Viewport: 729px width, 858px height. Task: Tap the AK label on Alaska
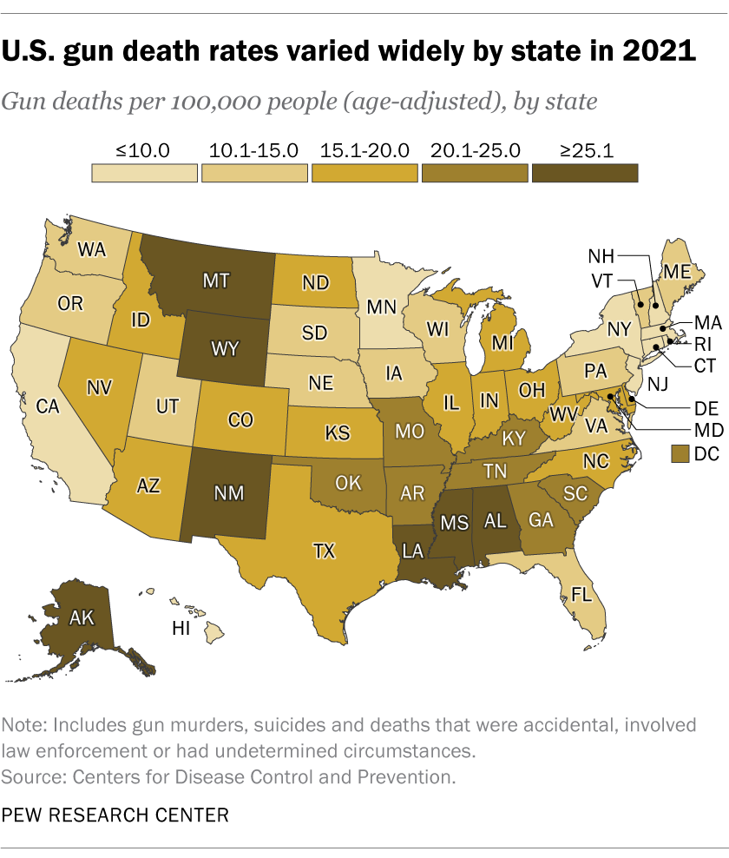tap(83, 617)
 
